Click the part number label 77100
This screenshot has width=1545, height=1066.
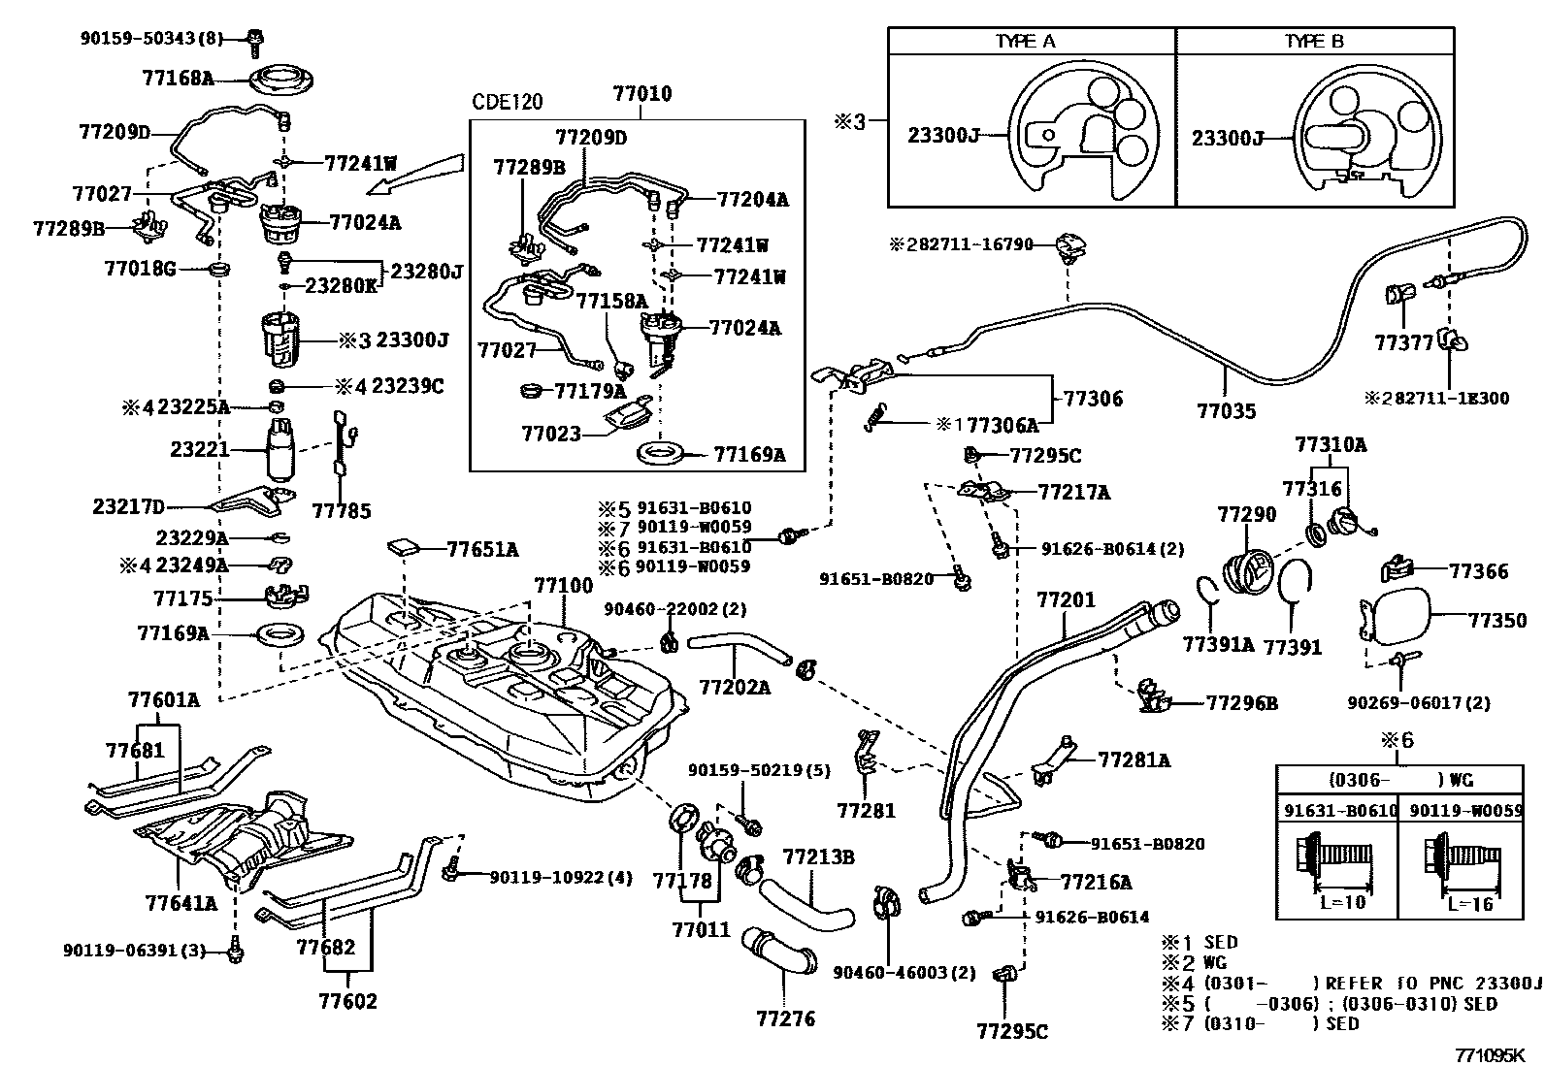click(x=562, y=587)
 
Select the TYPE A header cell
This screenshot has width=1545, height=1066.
click(x=1031, y=41)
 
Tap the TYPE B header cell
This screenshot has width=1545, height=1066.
click(x=1314, y=41)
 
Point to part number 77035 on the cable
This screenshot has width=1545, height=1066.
click(x=1226, y=411)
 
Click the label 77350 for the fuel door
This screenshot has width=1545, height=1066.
click(x=1496, y=620)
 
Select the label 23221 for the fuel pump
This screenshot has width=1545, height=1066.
click(x=199, y=450)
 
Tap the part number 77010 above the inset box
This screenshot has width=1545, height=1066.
click(x=641, y=94)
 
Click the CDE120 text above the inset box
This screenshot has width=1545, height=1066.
click(x=507, y=102)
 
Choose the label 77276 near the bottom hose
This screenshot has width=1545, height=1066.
click(x=785, y=1018)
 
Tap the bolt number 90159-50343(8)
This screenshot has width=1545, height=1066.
click(x=151, y=39)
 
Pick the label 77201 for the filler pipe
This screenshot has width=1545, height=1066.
click(x=1065, y=600)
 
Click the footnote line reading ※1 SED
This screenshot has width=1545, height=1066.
click(x=1200, y=942)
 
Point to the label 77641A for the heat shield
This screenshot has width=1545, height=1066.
click(x=181, y=903)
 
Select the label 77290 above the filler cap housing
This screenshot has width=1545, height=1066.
click(x=1247, y=514)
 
